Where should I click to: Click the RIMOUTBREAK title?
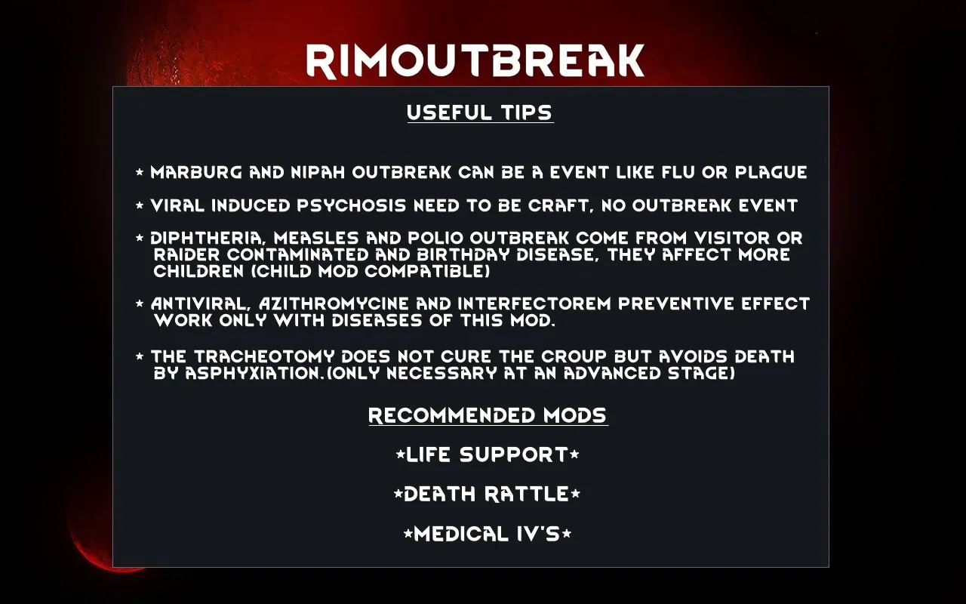[x=475, y=61]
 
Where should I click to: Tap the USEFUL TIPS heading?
[x=480, y=112]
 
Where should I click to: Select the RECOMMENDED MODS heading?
[x=488, y=415]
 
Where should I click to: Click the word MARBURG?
[x=196, y=173]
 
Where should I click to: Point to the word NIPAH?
[x=318, y=173]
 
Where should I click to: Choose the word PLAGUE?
[x=771, y=173]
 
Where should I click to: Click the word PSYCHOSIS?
[x=352, y=206]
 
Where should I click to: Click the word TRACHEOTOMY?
[x=264, y=357]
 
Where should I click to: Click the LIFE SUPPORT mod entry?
[x=488, y=455]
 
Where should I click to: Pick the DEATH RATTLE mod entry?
[x=487, y=494]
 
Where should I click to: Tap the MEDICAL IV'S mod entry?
[x=488, y=534]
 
